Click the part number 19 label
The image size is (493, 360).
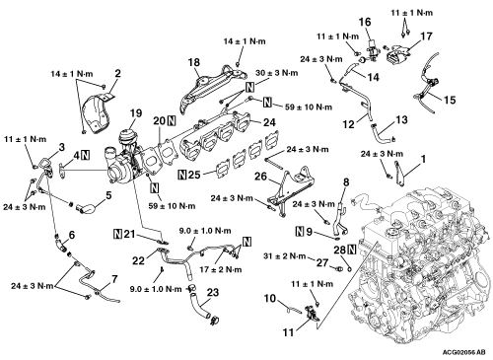point(136,112)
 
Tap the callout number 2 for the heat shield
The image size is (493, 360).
point(117,73)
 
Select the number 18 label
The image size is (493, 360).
point(194,62)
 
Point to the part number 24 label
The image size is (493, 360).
point(269,122)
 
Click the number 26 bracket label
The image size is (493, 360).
point(261,177)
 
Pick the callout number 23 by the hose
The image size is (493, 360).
point(213,292)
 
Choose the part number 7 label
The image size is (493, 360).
point(114,279)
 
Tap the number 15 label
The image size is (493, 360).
point(450,100)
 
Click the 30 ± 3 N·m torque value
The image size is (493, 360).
point(277,73)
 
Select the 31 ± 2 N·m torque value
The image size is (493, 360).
point(285,256)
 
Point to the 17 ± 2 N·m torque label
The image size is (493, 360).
point(221,269)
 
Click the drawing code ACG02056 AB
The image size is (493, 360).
point(463,352)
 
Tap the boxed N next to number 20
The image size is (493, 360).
point(172,121)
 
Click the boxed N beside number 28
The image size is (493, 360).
point(352,250)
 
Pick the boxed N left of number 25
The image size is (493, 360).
point(181,175)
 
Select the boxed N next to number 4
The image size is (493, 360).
point(86,155)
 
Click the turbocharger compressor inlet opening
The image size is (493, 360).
point(115,172)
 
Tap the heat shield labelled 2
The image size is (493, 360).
point(99,113)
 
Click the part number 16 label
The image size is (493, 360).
point(365,22)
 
